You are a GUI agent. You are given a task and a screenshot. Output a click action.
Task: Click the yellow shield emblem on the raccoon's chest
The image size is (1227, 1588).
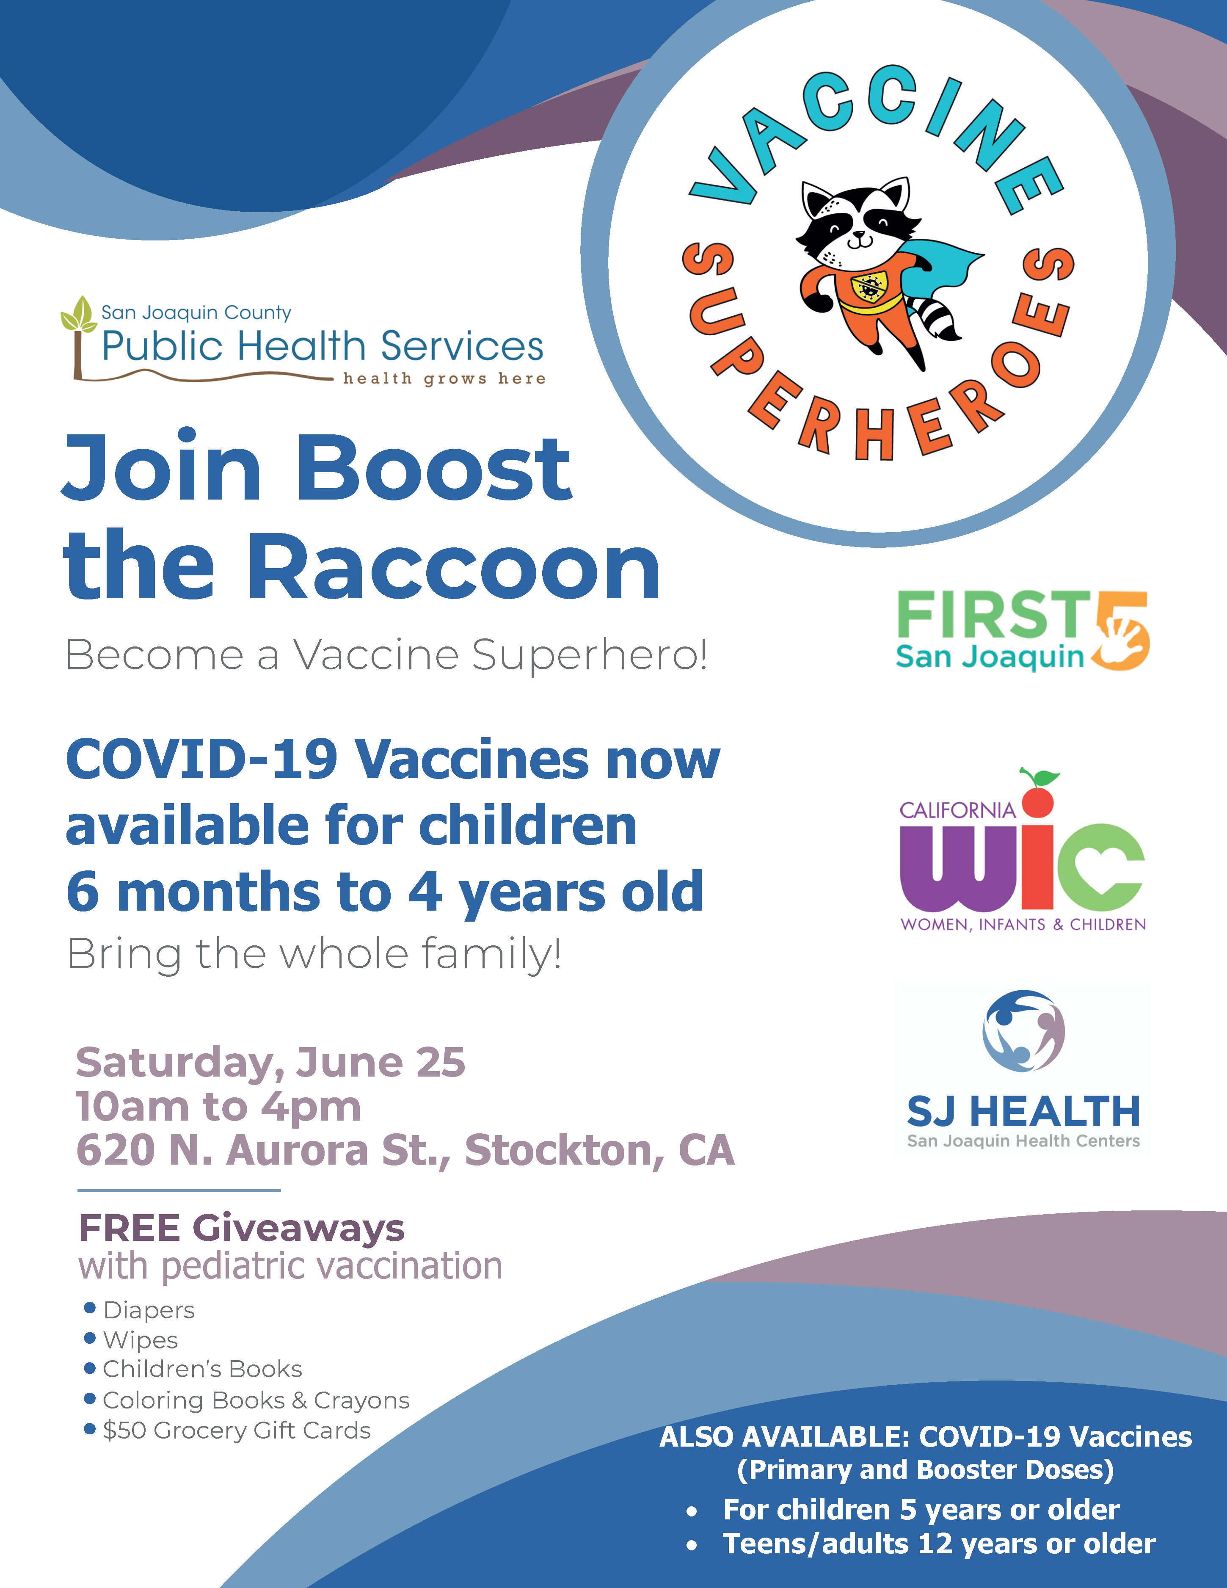tap(868, 287)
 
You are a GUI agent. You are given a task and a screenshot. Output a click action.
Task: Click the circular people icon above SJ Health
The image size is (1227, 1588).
tap(1023, 1030)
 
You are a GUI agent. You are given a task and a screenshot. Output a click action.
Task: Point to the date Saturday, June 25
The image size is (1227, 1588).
tap(270, 1063)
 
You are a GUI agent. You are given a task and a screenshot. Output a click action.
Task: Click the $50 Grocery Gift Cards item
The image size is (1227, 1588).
tap(228, 1430)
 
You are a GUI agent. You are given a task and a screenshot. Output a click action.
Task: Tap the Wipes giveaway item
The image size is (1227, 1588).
tap(131, 1340)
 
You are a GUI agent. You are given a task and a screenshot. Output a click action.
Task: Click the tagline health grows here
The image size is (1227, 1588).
tap(444, 379)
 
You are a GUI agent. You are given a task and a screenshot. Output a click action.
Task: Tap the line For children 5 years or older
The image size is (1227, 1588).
tap(921, 1510)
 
